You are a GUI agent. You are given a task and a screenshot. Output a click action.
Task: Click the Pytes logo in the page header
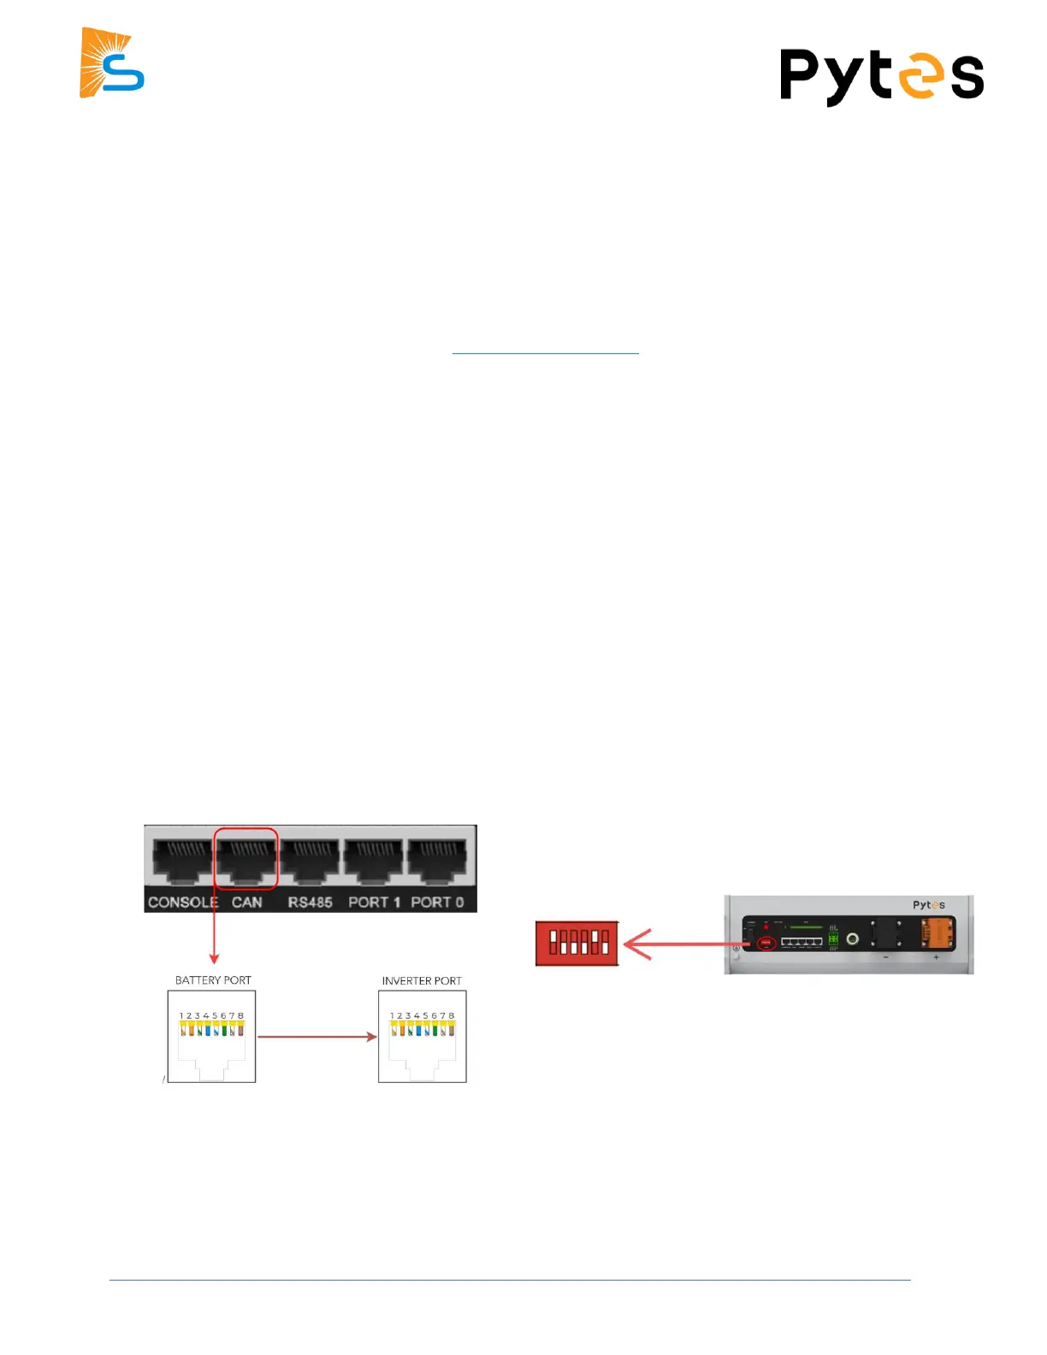coord(881,76)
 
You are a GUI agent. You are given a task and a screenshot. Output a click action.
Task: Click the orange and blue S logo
coord(112,63)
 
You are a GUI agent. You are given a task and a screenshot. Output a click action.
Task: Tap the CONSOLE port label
coord(182,902)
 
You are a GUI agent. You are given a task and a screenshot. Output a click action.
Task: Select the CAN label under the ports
coord(246,902)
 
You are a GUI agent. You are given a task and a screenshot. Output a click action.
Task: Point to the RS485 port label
coord(310,902)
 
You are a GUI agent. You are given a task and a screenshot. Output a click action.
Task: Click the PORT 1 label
coord(374,902)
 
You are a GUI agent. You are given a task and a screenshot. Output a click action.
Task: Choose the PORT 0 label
coord(437,902)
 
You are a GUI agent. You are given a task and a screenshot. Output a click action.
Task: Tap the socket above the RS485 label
coord(310,860)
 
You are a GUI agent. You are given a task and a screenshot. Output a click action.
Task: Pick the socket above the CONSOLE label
coord(182,860)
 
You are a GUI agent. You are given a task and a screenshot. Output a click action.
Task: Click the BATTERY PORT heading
coord(213,980)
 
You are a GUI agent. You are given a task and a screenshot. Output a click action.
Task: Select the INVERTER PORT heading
coord(422,980)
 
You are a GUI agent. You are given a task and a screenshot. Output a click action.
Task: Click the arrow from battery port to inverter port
coord(316,1037)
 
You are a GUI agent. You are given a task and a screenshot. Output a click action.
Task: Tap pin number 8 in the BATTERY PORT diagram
coord(241,1016)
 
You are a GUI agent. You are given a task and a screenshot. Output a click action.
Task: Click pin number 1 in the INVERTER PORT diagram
coord(392,1016)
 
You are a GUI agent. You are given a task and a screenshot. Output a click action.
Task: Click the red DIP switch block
coord(577,943)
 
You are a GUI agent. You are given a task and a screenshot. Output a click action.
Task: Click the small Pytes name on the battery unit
coord(928,905)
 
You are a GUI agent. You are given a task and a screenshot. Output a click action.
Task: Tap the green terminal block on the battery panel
coord(832,938)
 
